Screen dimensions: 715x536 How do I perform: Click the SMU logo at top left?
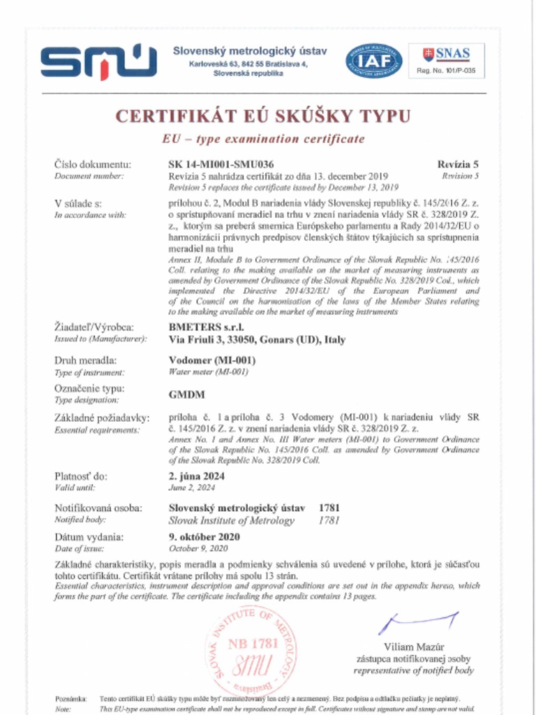pos(98,61)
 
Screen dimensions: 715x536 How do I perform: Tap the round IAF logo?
pos(374,61)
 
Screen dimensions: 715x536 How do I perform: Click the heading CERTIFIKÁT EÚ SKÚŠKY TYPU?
pos(263,116)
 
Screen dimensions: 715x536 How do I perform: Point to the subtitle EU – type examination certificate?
pos(263,139)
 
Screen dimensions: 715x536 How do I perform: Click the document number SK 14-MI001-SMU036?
pos(221,164)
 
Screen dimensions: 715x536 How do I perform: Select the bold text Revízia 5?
pos(458,164)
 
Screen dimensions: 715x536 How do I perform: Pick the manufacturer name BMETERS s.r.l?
pos(207,327)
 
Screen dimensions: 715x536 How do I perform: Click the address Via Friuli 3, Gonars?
pos(257,340)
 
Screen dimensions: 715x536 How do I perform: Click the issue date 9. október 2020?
pos(204,537)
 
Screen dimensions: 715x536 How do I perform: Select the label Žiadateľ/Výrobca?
pos(94,327)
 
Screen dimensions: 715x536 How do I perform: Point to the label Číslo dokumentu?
pos(93,164)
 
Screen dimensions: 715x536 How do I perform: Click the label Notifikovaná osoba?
pos(98,508)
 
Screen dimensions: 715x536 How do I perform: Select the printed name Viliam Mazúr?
pos(414,646)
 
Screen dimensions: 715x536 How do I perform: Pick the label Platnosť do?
pos(81,476)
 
